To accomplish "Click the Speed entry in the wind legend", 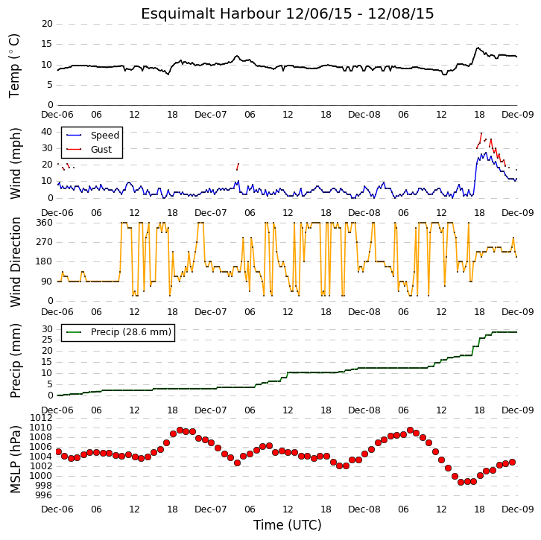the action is (x=105, y=135).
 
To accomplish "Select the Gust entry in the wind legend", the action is (x=101, y=149).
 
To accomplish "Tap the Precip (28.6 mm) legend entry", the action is (x=131, y=332).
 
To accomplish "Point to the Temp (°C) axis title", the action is (x=14, y=66).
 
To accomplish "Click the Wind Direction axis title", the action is (x=15, y=262).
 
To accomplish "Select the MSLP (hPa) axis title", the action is (x=15, y=459).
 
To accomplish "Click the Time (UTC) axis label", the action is (x=288, y=525).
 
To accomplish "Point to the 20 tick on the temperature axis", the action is (x=47, y=24).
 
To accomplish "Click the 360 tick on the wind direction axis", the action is (x=45, y=223).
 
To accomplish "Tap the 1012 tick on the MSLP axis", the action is (x=42, y=418).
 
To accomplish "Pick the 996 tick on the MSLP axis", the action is (x=45, y=495).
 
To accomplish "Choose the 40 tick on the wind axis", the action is (x=47, y=132).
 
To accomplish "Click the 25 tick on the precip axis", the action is (x=47, y=340).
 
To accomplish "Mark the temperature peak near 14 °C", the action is (x=478, y=48).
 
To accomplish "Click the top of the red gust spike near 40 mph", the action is (x=481, y=133).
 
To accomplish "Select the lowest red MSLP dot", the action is (x=461, y=482).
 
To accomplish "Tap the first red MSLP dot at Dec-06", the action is (x=59, y=451).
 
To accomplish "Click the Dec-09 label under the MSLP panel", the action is (x=518, y=509).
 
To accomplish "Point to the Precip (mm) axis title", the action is (x=15, y=360).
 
